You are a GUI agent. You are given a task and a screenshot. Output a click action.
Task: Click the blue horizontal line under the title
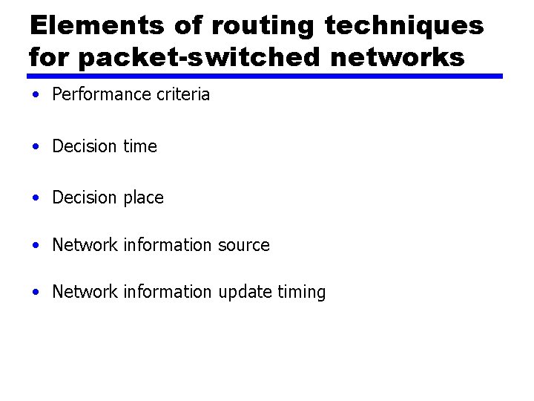(x=265, y=76)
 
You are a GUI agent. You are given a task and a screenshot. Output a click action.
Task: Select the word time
(x=140, y=146)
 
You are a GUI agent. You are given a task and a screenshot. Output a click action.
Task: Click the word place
(x=144, y=198)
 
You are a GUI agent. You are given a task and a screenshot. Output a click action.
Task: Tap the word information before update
(x=168, y=292)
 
